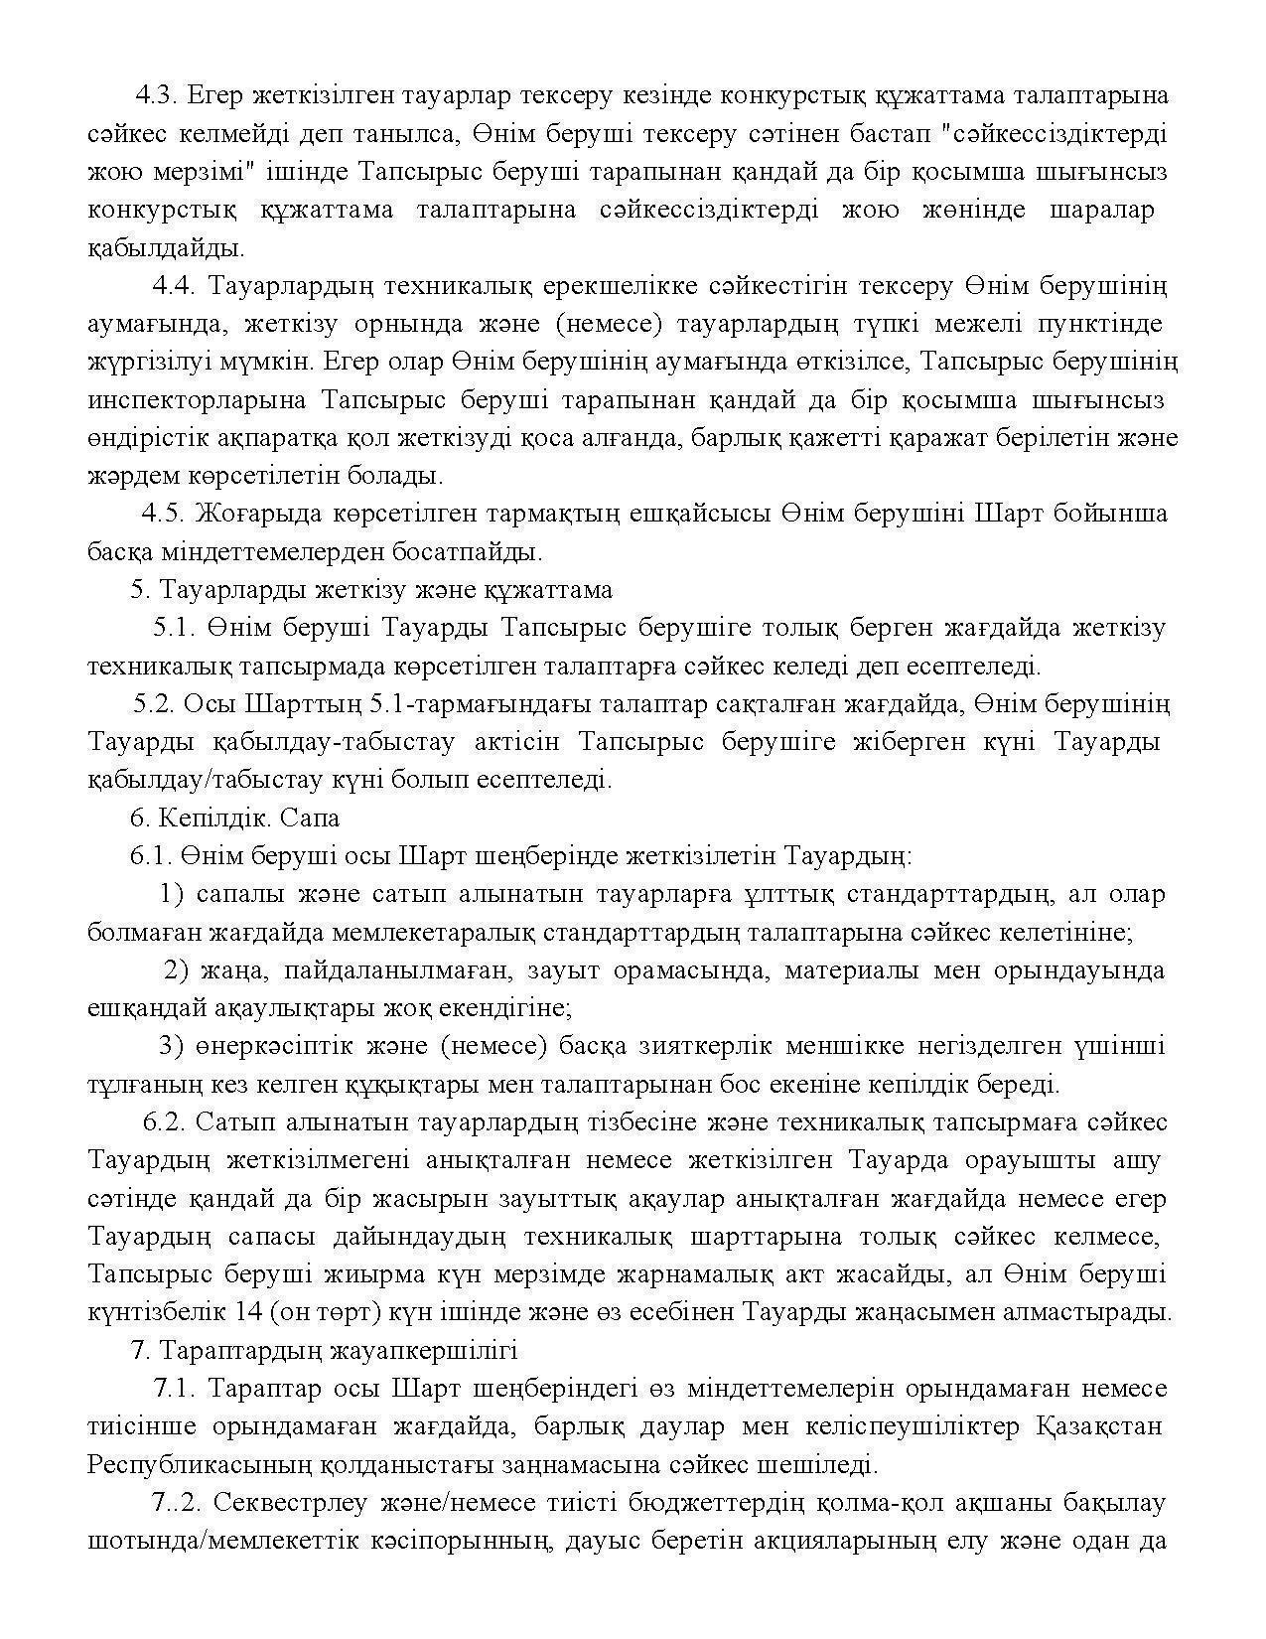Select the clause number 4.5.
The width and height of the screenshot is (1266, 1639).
pos(163,514)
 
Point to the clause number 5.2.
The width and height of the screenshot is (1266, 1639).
pos(153,704)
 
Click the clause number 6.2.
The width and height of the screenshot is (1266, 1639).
pos(164,1122)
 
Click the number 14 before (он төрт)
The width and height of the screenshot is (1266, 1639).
pos(249,1312)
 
